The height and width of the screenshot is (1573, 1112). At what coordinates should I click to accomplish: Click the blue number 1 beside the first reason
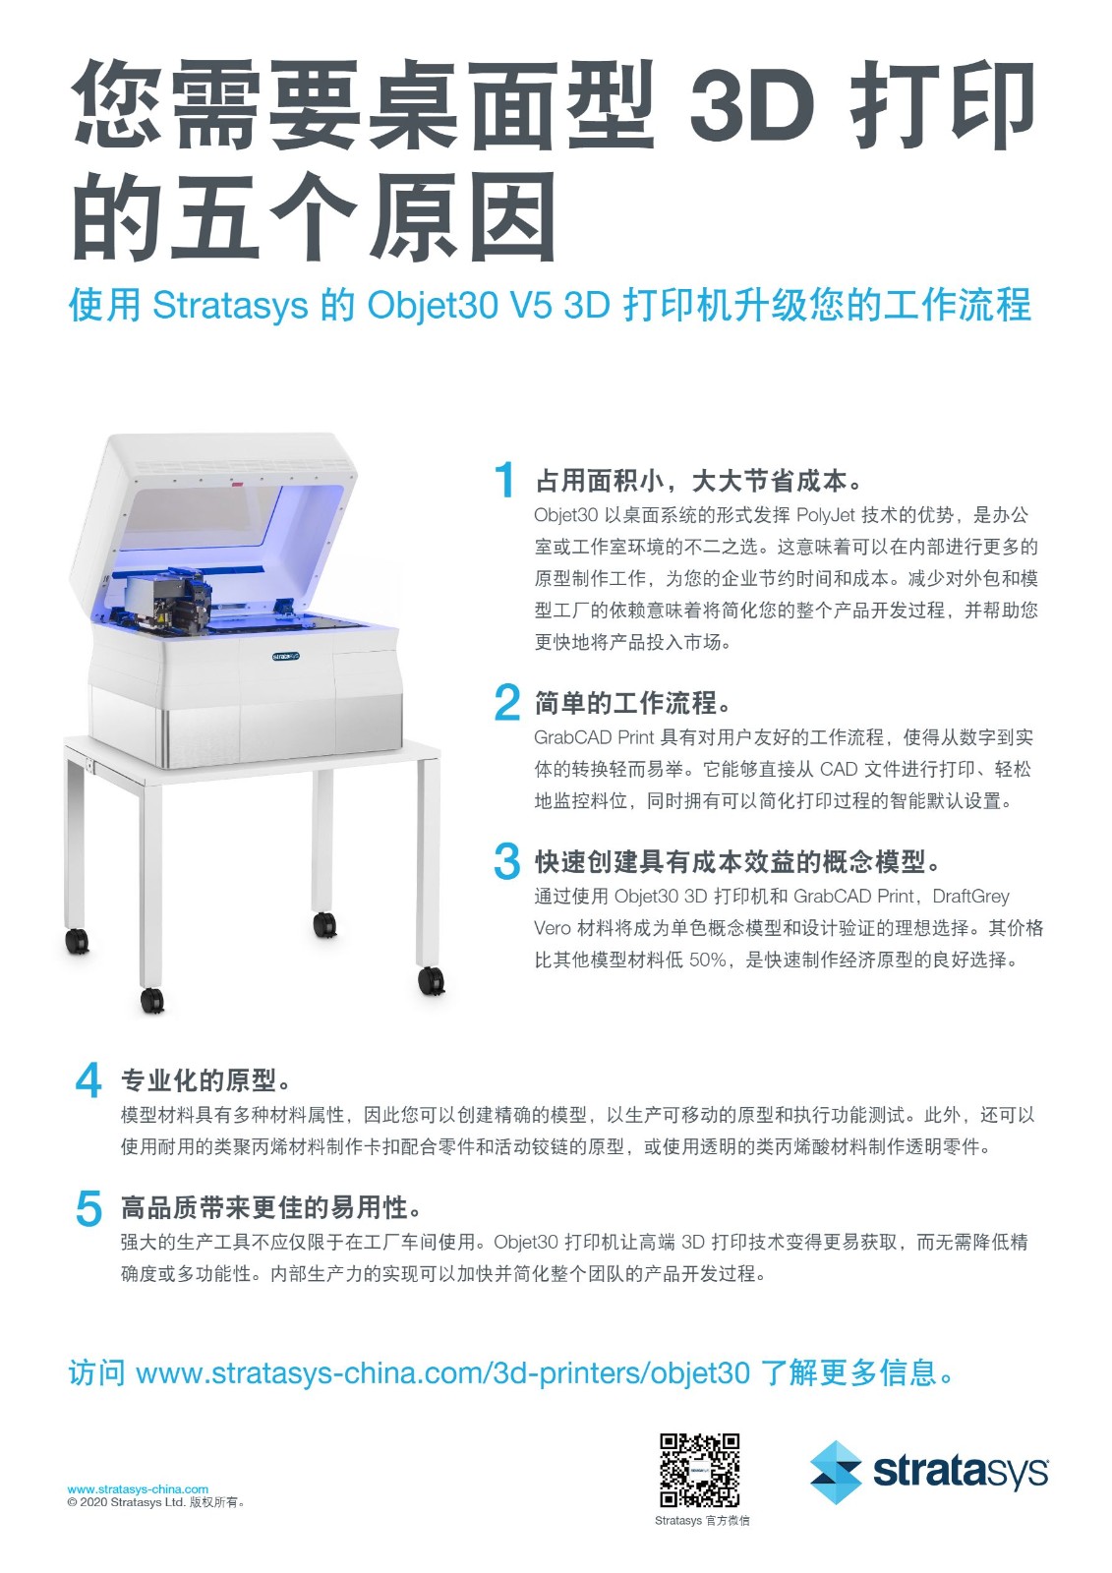505,480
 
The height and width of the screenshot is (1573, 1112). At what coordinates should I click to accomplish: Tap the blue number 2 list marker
506,702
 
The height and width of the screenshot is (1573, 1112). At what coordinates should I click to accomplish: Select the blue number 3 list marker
506,861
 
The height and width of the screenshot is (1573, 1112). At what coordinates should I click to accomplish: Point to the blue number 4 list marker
88,1079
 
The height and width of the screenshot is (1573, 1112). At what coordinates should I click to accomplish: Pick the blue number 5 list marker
88,1207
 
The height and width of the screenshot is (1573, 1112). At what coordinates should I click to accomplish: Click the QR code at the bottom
699,1470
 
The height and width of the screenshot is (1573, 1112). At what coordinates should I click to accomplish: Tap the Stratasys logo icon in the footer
836,1472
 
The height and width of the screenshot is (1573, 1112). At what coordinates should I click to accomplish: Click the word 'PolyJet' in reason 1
826,515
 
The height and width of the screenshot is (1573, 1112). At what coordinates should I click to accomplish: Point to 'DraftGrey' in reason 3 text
970,896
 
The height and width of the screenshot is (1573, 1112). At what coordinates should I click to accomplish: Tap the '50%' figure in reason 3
708,960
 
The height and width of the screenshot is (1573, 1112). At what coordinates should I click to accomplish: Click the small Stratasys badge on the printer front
285,656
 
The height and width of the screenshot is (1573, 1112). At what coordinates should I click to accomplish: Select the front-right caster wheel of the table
431,979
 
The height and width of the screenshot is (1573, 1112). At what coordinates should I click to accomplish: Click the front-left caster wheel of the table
152,1000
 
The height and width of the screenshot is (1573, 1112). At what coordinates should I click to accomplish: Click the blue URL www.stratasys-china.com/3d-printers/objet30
442,1372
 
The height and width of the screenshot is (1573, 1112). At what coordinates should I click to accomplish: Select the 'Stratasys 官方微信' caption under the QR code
702,1521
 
